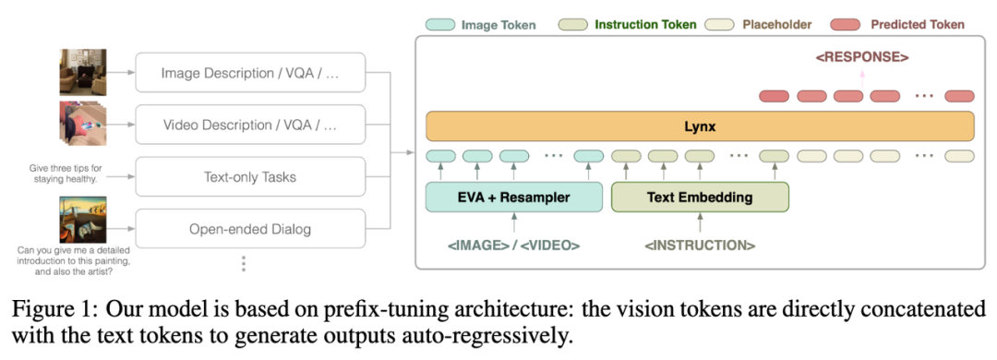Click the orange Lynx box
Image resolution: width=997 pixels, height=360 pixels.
coord(700,126)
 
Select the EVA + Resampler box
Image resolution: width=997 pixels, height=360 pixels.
coord(514,198)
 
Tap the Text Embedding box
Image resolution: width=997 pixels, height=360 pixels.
coord(700,198)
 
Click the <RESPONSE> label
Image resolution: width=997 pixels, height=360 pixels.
coord(862,57)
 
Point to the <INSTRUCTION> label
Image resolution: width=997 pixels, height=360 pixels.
coord(700,245)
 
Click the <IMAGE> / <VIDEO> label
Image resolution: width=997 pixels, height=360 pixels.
coord(514,245)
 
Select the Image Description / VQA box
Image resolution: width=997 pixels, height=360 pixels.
coord(250,73)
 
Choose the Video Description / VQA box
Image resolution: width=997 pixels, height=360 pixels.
coord(250,125)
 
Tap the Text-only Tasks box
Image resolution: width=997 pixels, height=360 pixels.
coord(250,177)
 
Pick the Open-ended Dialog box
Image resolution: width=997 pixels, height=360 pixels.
coord(250,229)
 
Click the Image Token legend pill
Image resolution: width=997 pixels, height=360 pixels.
coord(440,25)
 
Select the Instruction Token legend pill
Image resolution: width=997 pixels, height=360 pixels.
coord(573,25)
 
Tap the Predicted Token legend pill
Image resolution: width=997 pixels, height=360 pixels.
coord(845,25)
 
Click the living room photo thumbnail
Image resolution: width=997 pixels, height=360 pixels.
coord(83,73)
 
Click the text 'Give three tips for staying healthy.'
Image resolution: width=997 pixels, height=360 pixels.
coord(66,174)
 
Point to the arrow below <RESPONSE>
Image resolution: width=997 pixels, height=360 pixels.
coord(862,77)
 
